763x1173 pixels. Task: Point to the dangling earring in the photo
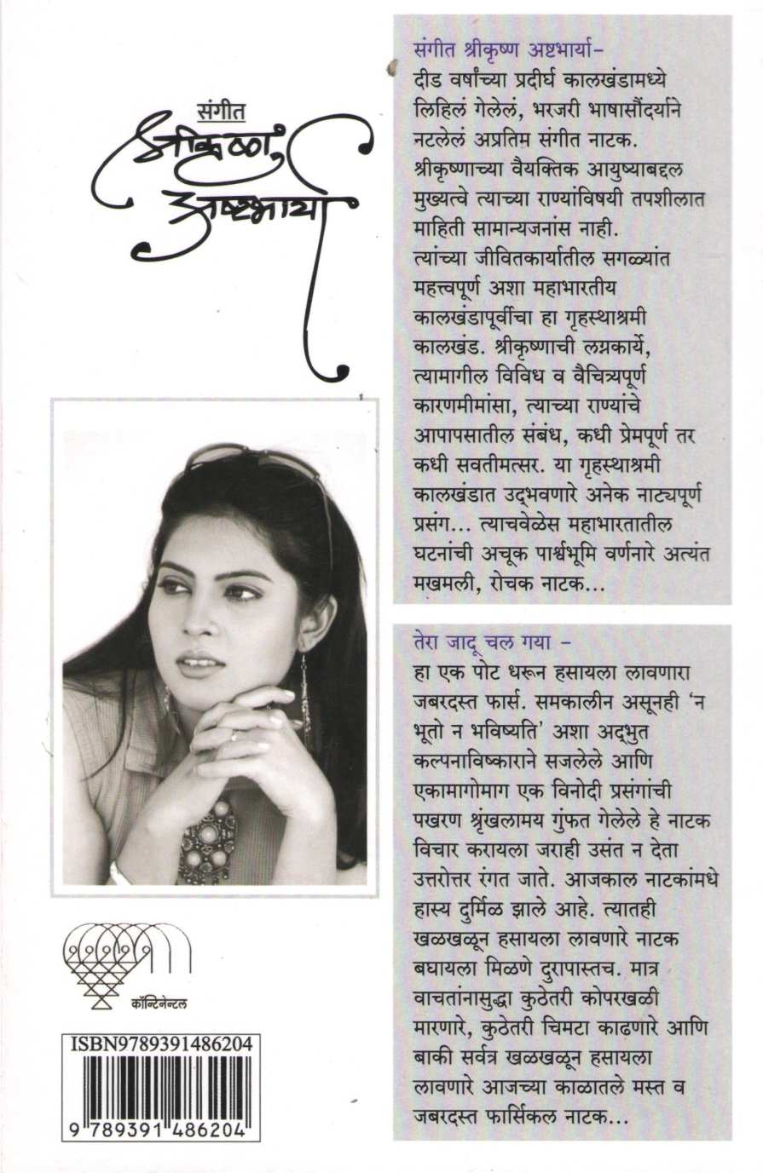coord(304,690)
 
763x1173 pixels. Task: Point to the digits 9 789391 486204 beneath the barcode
coord(159,1130)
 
